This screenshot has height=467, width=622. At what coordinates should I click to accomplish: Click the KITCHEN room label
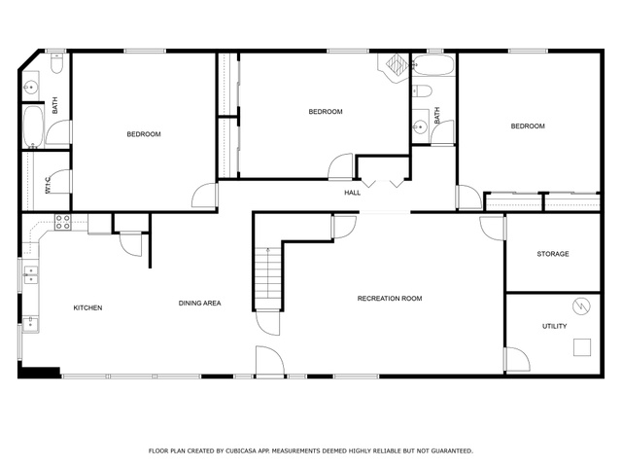(87, 307)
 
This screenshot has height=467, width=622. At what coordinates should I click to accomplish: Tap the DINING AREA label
(199, 303)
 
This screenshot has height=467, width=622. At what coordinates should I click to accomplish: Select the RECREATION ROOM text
(390, 299)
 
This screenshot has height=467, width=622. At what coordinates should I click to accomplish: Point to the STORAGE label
(553, 254)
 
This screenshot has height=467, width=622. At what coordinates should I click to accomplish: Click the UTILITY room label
(554, 326)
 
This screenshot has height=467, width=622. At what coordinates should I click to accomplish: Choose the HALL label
(352, 193)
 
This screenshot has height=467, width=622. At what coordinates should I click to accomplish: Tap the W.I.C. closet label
(49, 185)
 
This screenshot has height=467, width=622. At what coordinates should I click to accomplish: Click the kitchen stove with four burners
(62, 222)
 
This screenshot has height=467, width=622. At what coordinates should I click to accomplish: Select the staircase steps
(268, 278)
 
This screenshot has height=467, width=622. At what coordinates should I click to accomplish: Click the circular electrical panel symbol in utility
(581, 306)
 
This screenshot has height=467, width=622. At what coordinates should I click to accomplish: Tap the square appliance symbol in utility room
(582, 347)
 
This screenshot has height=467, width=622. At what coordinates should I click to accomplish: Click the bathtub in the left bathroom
(33, 126)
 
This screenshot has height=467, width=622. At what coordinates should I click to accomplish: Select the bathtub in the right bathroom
(433, 65)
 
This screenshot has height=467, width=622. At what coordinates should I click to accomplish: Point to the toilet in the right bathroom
(422, 91)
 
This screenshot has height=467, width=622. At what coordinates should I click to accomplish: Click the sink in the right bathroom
(419, 127)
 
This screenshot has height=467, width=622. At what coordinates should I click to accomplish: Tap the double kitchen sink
(31, 275)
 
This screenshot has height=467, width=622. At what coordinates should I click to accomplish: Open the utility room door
(516, 359)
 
